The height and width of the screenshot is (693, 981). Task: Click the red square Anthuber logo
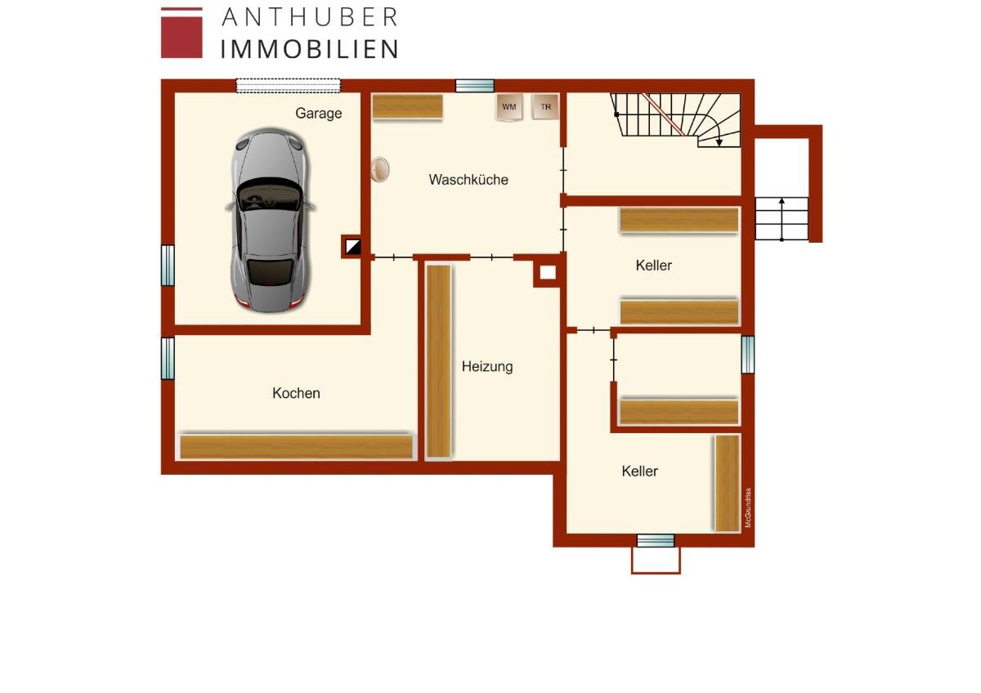tap(181, 33)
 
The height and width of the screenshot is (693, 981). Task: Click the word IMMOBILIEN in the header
tap(309, 48)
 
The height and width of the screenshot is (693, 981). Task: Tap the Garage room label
tap(319, 114)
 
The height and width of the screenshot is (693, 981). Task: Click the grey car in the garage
tap(269, 221)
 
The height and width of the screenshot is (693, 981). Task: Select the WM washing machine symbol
tap(509, 107)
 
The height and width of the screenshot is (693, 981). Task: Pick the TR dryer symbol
tap(545, 107)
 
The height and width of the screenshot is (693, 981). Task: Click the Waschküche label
tap(468, 180)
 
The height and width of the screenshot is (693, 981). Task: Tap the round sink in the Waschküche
tap(379, 169)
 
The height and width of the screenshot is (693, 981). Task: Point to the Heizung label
tap(487, 367)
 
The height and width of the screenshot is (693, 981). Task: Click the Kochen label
tap(296, 394)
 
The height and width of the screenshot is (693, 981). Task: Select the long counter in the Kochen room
tap(296, 447)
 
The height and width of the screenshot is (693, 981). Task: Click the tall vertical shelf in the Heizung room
tap(439, 360)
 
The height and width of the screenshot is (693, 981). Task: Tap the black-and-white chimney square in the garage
tap(352, 246)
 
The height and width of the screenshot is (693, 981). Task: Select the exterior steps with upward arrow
tap(782, 219)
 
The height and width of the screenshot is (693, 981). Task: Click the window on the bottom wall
tap(656, 540)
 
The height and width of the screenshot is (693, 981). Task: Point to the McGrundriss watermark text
tap(747, 507)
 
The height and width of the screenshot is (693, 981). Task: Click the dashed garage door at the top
tap(289, 85)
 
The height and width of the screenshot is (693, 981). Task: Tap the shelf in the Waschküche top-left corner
tap(407, 106)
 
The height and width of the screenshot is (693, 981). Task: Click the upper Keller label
tap(654, 266)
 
